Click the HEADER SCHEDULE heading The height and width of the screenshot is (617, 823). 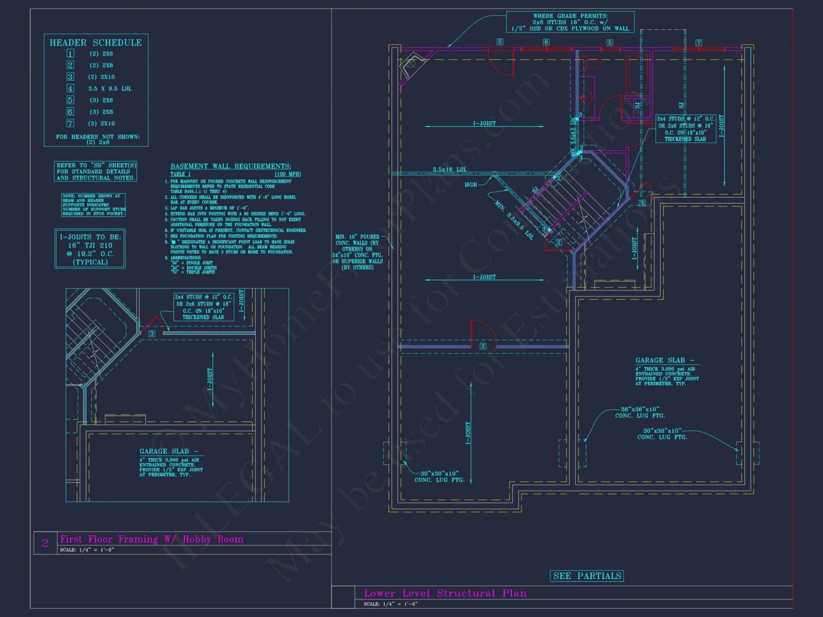coord(95,43)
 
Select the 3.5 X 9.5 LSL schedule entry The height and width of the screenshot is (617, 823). coord(109,88)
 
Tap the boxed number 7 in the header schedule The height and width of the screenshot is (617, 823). coord(70,123)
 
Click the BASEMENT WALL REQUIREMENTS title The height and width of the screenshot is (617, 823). coord(231,166)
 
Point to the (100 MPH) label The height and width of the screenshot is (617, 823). coord(288,174)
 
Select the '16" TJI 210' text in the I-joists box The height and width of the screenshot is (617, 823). coord(90,245)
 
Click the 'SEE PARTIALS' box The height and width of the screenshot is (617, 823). coord(587,576)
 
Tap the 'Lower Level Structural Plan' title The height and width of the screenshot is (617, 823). coord(445,593)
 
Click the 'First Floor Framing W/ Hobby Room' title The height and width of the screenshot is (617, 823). coord(151,539)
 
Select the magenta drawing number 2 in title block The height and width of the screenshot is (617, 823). coord(45,543)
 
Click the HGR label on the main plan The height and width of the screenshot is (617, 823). coord(470,185)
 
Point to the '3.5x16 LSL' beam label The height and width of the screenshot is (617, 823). coord(449,169)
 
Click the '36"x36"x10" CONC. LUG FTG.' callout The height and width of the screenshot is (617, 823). coord(640,412)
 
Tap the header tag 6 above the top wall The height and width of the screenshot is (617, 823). coord(546,42)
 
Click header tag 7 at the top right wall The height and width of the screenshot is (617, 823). coord(699,43)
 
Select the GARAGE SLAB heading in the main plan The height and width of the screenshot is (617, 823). coord(660,360)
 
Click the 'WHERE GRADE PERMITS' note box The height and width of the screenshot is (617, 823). coord(570,22)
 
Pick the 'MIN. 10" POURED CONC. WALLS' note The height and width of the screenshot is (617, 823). coord(357,252)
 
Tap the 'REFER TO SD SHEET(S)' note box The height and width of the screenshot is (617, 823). coord(95,172)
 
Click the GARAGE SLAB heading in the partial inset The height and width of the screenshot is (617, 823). coord(164,451)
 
